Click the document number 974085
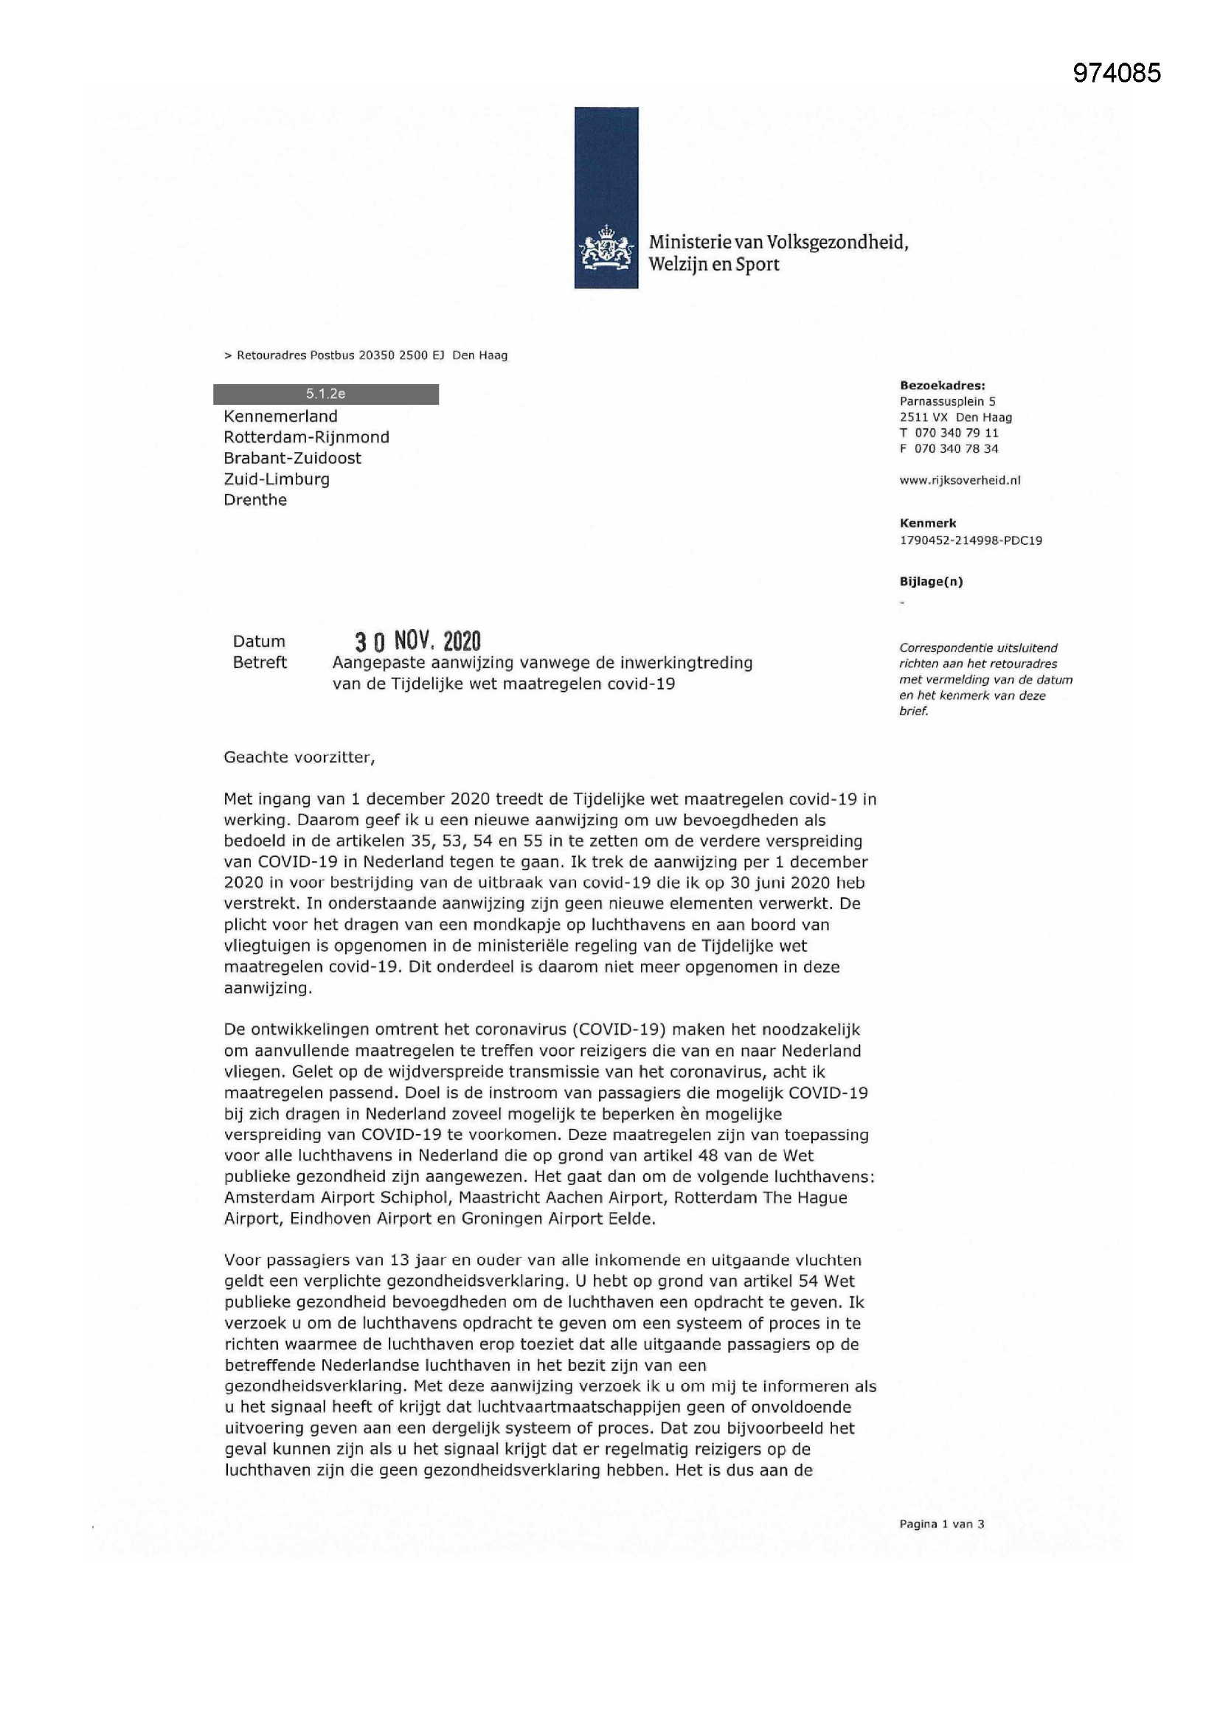pyautogui.click(x=1116, y=73)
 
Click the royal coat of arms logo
pyautogui.click(x=606, y=252)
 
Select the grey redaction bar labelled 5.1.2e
pyautogui.click(x=325, y=394)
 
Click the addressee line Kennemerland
pyautogui.click(x=280, y=416)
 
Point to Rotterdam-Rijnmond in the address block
pyautogui.click(x=306, y=437)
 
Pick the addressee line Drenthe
pyautogui.click(x=254, y=500)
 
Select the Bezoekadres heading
pyautogui.click(x=942, y=385)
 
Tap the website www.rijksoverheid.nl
pyautogui.click(x=960, y=481)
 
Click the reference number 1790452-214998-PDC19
pyautogui.click(x=970, y=541)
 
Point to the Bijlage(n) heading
pyautogui.click(x=931, y=581)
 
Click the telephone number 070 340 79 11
pyautogui.click(x=957, y=433)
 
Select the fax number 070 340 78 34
pyautogui.click(x=957, y=449)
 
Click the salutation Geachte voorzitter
pyautogui.click(x=299, y=757)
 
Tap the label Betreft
pyautogui.click(x=260, y=662)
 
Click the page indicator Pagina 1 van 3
pyautogui.click(x=941, y=1523)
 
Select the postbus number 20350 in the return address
pyautogui.click(x=375, y=355)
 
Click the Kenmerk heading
pyautogui.click(x=928, y=524)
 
